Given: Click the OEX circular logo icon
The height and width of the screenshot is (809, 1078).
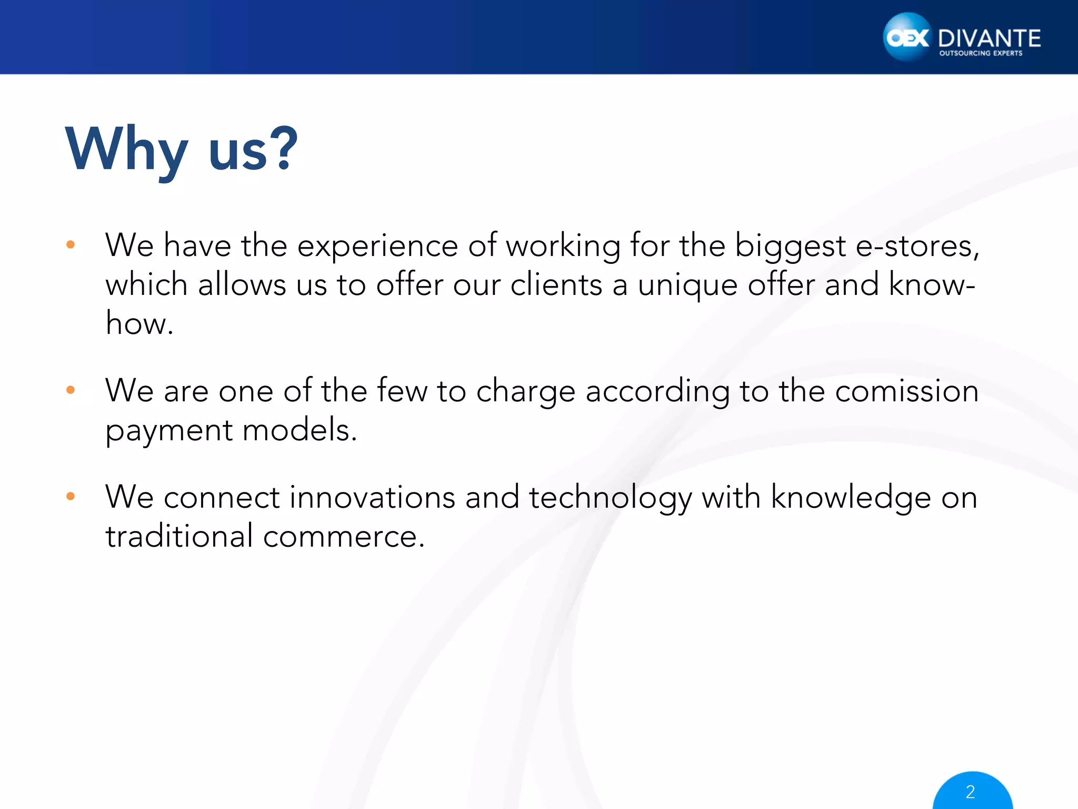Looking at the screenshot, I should (907, 37).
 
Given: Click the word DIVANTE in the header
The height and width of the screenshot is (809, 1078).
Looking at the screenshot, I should (989, 38).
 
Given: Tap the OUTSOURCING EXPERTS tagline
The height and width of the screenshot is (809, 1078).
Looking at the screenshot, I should (981, 53).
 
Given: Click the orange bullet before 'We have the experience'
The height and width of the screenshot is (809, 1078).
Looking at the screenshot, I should (71, 244).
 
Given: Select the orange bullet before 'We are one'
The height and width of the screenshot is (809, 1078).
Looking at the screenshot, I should (71, 390).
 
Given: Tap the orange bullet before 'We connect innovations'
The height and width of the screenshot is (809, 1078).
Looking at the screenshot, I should (71, 496).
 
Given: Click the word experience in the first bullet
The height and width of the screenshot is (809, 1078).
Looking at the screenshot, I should (377, 246).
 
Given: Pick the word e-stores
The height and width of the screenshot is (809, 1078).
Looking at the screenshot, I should (917, 245).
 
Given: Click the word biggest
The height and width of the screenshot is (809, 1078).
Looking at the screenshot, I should (790, 246).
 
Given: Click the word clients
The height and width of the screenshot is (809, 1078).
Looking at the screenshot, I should (556, 284).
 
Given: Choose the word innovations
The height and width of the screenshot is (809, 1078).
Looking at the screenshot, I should (372, 497).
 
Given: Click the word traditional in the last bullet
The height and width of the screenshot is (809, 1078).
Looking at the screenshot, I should (179, 536).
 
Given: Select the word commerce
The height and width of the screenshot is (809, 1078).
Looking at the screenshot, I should (343, 537).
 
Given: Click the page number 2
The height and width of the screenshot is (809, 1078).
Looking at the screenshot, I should (971, 792).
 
